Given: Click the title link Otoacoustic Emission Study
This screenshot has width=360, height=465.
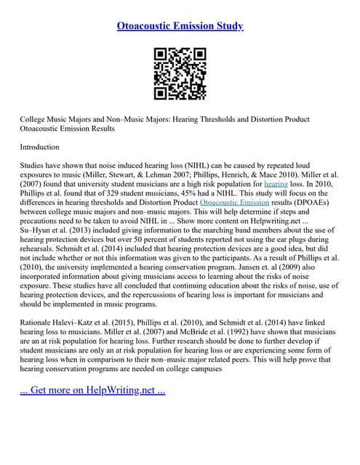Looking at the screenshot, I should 180,26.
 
